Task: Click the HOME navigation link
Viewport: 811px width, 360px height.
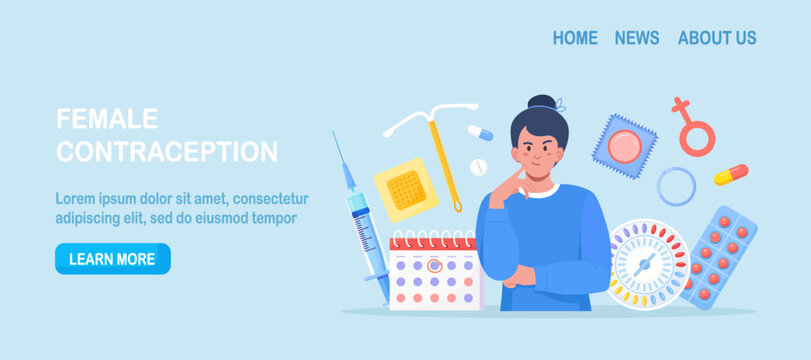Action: point(575,38)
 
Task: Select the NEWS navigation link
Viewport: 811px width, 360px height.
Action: point(637,38)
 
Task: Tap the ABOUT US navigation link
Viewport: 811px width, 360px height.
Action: point(717,38)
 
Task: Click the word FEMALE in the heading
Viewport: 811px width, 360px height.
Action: point(107,119)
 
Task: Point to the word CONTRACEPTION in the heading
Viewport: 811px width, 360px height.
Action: point(167,152)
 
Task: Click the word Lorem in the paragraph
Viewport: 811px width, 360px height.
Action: point(78,198)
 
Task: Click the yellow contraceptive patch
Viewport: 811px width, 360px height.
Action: point(406,189)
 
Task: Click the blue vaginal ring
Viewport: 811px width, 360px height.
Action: point(676,186)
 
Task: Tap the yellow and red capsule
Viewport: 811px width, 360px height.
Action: point(730,175)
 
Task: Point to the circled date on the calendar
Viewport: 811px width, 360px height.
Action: point(434,266)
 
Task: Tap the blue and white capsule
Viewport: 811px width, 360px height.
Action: point(480,133)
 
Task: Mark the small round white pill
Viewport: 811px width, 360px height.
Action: point(477,164)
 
